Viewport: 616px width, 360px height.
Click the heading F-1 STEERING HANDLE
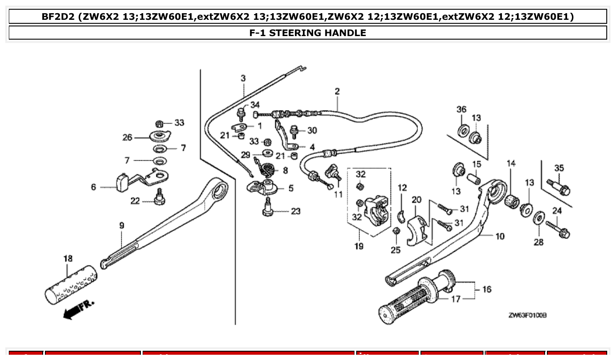[307, 33]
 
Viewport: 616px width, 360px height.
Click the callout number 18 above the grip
[68, 259]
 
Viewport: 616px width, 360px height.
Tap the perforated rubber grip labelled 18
[71, 284]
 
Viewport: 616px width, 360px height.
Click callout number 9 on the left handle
[122, 225]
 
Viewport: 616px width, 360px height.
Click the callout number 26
[127, 137]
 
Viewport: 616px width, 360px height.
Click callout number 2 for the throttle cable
[337, 92]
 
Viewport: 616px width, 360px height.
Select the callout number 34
[255, 105]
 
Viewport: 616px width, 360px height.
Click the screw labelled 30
[295, 131]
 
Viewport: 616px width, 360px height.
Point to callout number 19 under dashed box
[359, 246]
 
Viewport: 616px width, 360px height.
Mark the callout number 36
[461, 109]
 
